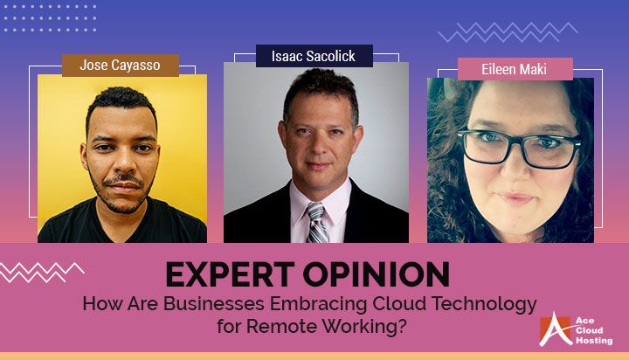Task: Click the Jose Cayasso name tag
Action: [121, 65]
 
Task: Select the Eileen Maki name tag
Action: [515, 69]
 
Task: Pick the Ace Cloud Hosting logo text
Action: [591, 330]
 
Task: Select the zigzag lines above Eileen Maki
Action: [507, 32]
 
